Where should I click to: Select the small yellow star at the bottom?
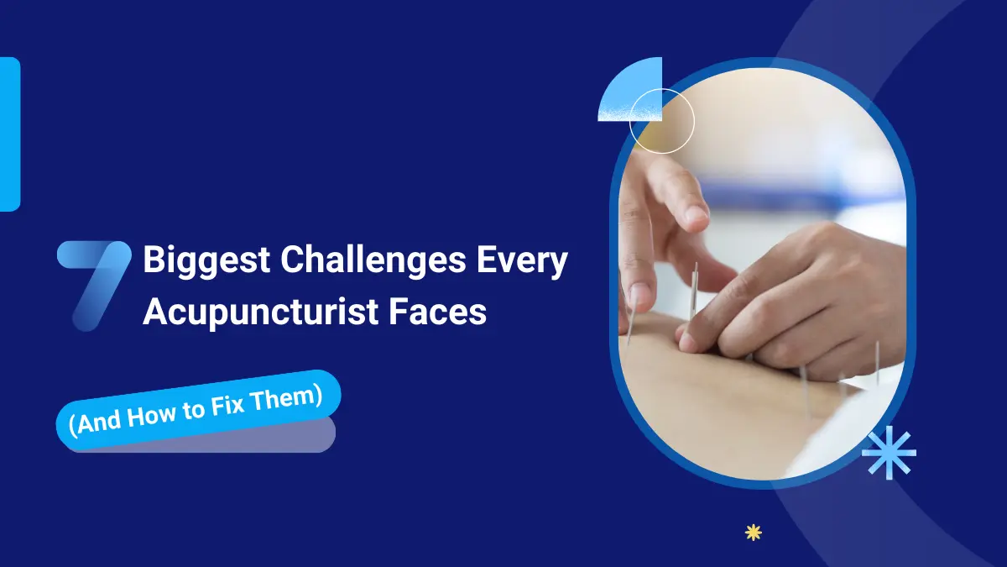753,532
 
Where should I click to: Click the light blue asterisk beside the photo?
889,452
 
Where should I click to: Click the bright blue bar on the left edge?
9,134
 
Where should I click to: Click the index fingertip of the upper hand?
696,216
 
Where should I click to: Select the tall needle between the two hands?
693,290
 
